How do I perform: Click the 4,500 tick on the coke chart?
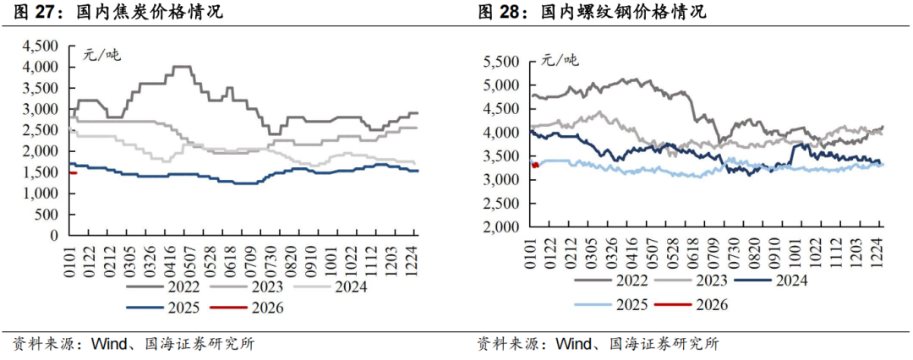click(x=41, y=46)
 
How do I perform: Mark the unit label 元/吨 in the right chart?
click(x=560, y=59)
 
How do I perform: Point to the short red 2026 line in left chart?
click(x=73, y=172)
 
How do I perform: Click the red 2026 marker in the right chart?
click(x=534, y=165)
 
